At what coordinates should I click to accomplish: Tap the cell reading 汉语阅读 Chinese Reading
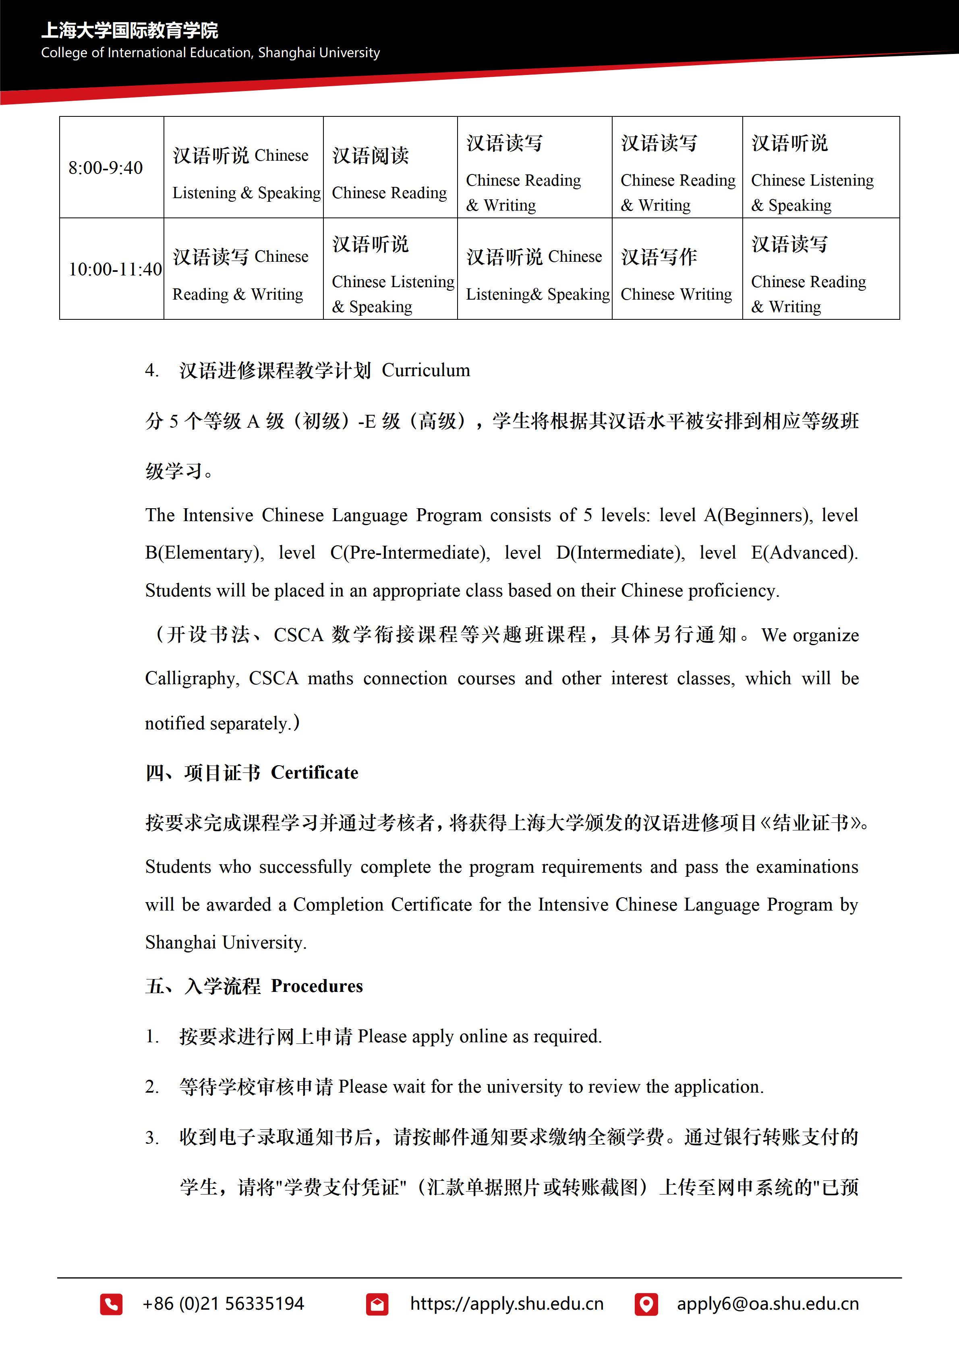pyautogui.click(x=390, y=174)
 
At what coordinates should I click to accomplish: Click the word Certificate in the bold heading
pyautogui.click(x=314, y=772)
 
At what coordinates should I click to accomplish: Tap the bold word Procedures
pyautogui.click(x=317, y=986)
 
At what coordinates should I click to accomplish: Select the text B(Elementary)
pyautogui.click(x=204, y=553)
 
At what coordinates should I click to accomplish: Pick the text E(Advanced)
pyautogui.click(x=804, y=553)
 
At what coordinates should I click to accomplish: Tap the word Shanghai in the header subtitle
pyautogui.click(x=286, y=53)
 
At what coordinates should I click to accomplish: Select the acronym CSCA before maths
pyautogui.click(x=273, y=679)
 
